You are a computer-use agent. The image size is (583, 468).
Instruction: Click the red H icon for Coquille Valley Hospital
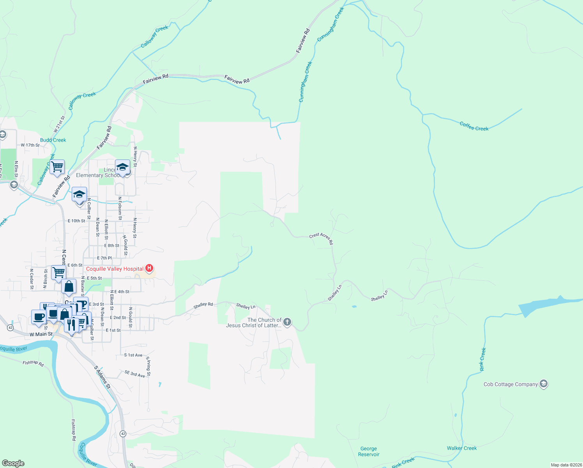149,268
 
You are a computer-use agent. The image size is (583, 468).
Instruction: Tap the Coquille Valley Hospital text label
115,269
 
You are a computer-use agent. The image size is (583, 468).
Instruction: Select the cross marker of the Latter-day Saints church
287,322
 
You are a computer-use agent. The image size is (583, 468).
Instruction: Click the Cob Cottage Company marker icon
544,384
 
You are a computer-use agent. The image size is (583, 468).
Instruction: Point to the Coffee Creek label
474,126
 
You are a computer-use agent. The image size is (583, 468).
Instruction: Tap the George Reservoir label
369,452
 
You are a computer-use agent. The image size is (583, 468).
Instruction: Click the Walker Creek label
462,448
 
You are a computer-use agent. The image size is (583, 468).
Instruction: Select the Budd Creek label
53,140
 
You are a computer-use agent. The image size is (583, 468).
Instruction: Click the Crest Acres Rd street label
322,239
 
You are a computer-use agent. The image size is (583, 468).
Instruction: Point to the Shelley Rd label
203,305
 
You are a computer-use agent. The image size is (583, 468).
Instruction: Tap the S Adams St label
102,377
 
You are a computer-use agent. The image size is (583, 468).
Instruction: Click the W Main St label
41,334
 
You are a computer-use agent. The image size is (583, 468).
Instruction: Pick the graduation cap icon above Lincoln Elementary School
122,167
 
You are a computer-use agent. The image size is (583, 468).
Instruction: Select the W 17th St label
30,145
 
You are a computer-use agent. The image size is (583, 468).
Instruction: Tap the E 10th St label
76,221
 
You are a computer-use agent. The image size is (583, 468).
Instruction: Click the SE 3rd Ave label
135,374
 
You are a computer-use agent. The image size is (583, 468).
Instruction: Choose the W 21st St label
59,124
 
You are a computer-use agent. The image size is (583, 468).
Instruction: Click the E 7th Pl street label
104,258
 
